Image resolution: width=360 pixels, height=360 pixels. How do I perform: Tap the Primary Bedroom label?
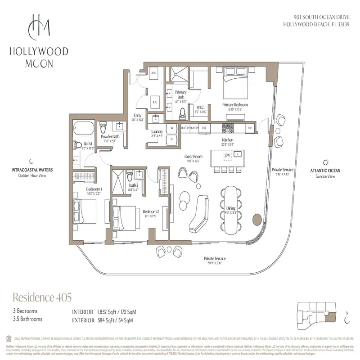tap(235, 105)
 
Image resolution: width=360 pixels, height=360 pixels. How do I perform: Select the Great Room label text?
tap(192, 157)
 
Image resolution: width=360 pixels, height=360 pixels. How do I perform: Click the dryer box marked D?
tap(171, 139)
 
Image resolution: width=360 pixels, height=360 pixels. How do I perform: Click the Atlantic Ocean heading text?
tap(325, 171)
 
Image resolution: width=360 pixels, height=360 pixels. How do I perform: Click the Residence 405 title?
tap(41, 297)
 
